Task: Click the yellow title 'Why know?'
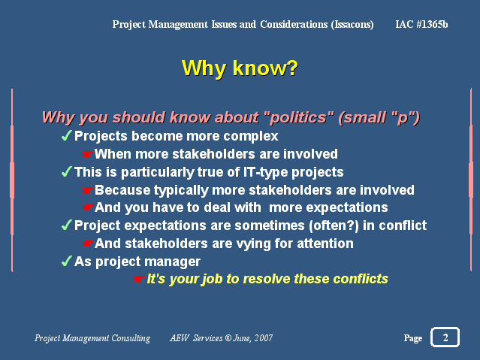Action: coord(240,68)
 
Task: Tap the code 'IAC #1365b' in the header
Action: coord(421,24)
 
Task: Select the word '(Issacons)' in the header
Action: coord(352,25)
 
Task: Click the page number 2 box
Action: coord(445,337)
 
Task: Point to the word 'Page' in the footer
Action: coord(413,338)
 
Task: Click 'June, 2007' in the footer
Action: coord(253,338)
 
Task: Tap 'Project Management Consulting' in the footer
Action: coord(92,338)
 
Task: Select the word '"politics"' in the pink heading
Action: coord(298,117)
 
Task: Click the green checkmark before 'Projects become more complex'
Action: coord(66,135)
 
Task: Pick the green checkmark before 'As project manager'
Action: coord(66,261)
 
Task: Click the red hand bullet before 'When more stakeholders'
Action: coord(87,154)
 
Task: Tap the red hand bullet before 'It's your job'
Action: coord(138,279)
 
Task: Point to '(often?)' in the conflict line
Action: coord(334,225)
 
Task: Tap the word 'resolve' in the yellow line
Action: coord(266,279)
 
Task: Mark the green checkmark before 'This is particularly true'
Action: coord(66,171)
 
